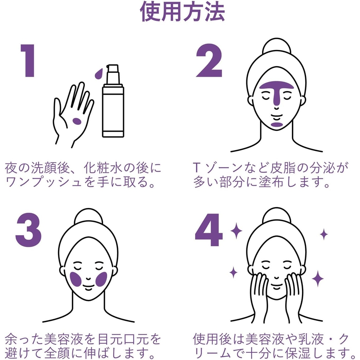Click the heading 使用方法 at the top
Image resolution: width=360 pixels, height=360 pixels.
point(182,12)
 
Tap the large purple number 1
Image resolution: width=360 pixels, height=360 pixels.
point(28,61)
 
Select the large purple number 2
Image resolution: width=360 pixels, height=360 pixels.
point(209,61)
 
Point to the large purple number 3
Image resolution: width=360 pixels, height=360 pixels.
point(28,230)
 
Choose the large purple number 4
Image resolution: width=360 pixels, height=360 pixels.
point(209,230)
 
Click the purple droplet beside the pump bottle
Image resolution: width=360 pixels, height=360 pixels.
point(99,74)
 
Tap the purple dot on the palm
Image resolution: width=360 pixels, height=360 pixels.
point(77,121)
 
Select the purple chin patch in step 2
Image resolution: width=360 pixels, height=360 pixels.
point(276,125)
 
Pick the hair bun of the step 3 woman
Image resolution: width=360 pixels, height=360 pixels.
point(89,216)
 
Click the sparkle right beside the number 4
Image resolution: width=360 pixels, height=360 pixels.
point(236,230)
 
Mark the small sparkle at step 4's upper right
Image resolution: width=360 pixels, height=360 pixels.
point(324,234)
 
